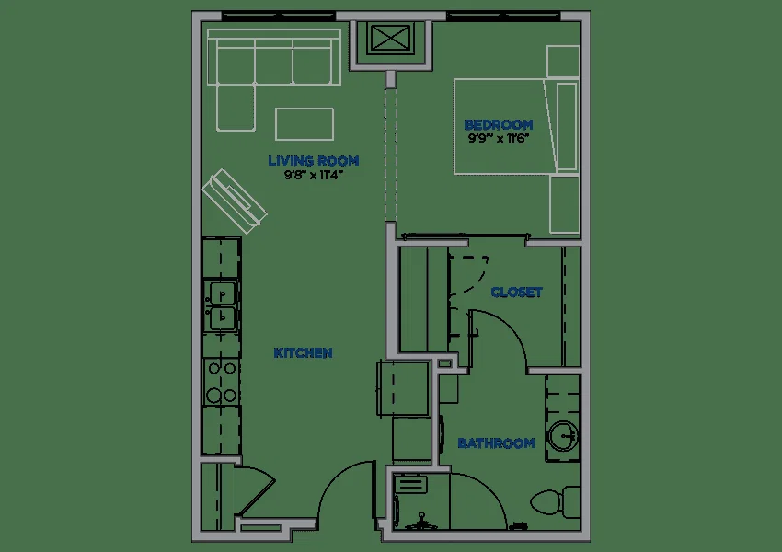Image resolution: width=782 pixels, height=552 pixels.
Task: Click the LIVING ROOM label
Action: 313,161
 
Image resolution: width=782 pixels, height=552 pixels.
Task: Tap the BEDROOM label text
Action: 499,125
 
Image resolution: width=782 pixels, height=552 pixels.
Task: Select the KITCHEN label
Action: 304,353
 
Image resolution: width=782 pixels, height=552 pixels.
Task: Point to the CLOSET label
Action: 516,293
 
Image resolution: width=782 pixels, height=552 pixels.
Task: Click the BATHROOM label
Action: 496,443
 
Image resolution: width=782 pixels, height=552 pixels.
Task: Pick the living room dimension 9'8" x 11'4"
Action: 313,175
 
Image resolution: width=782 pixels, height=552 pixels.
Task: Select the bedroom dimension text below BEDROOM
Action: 499,138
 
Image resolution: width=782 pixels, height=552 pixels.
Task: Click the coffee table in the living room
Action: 305,124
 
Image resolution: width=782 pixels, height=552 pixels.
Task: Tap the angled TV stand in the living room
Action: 235,201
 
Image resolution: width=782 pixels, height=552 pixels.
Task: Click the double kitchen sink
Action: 222,305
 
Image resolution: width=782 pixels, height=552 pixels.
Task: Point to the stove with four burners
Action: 222,382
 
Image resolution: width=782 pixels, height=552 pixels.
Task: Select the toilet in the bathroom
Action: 554,500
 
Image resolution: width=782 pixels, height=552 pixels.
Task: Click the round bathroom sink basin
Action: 564,435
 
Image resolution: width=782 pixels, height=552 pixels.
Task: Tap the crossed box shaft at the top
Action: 391,39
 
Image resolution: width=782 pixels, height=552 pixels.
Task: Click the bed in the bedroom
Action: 516,126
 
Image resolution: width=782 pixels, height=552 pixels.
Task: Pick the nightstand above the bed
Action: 562,62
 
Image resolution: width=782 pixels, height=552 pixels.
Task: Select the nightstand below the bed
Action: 564,204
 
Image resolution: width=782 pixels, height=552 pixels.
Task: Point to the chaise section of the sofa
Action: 236,108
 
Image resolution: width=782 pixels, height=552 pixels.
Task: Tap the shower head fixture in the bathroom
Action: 422,521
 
